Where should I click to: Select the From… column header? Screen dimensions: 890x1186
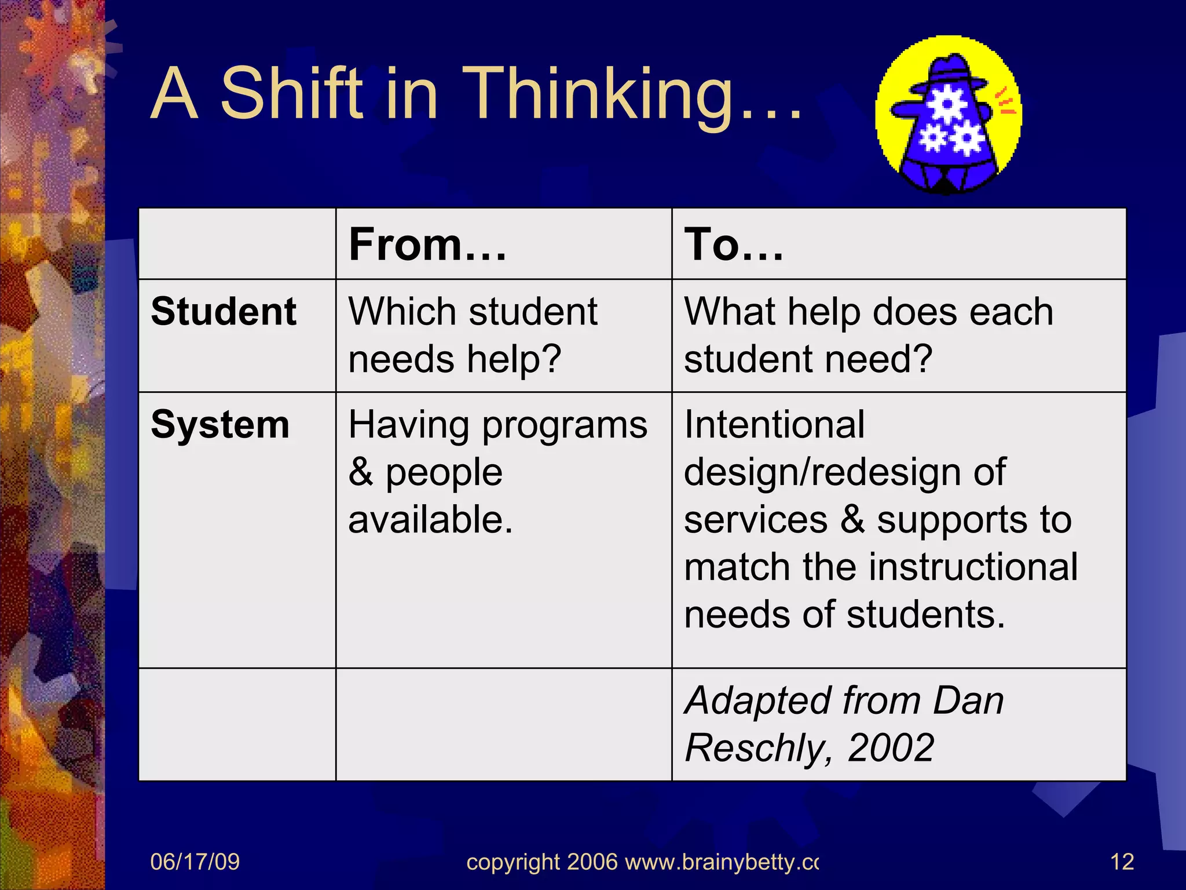[x=427, y=245]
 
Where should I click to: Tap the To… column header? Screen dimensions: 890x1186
[x=733, y=245]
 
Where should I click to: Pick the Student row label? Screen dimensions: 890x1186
[x=224, y=311]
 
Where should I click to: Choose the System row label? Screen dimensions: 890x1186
[x=220, y=424]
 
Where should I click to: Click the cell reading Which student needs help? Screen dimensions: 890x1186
[x=473, y=335]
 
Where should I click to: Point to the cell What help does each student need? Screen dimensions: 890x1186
[x=868, y=335]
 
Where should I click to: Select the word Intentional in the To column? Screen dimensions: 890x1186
[x=774, y=424]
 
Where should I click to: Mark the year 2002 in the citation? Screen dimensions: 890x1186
[x=891, y=747]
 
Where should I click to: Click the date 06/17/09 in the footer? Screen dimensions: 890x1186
[x=195, y=862]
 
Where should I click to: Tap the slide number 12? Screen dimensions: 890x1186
[x=1122, y=862]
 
